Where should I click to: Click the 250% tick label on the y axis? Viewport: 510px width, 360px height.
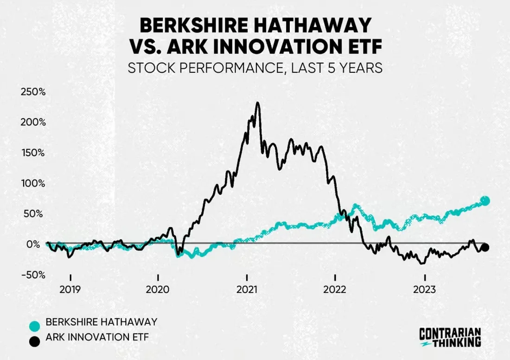coord(33,92)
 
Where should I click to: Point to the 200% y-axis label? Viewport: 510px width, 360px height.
coord(33,122)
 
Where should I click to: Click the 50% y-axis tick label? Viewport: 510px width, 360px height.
coord(35,214)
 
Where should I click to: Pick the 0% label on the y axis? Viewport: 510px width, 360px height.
coord(38,244)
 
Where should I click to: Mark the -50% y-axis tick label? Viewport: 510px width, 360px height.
coord(33,275)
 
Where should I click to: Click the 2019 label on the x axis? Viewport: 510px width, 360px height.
coord(70,290)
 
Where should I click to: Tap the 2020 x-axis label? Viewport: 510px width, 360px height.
coord(159,290)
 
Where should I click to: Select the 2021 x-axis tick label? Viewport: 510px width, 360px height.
coord(247,290)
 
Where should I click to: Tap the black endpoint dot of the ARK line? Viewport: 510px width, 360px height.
coord(485,247)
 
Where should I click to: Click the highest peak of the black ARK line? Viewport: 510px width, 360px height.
coord(257,103)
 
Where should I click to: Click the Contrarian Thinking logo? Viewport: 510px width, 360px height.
coord(450,337)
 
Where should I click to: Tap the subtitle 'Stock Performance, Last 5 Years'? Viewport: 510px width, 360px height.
coord(255,68)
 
